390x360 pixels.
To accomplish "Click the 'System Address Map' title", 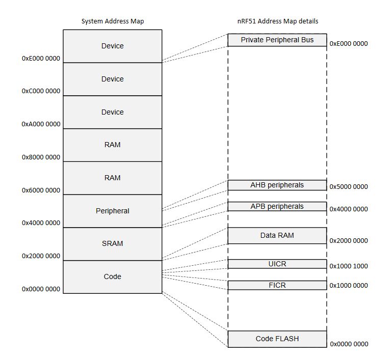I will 112,21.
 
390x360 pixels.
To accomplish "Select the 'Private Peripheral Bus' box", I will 277,40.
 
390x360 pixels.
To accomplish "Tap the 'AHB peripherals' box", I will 277,185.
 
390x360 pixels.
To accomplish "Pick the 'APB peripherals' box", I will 277,206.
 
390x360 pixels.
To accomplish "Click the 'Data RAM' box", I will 277,235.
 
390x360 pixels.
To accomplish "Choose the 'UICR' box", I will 277,263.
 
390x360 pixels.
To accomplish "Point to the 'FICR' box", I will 277,285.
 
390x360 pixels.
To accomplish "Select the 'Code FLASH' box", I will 277,339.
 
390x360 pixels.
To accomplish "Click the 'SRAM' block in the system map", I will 112,243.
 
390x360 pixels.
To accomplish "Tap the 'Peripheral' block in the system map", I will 112,211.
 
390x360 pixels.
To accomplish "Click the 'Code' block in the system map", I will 112,276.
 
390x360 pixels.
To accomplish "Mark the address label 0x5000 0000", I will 349,187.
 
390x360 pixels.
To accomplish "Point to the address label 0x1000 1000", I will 349,266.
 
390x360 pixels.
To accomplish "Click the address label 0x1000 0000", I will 349,286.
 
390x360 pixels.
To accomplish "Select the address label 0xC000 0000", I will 41,91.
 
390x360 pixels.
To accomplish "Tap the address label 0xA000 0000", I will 41,124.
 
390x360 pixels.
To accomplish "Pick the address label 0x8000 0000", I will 41,157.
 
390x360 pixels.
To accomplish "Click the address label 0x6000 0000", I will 41,190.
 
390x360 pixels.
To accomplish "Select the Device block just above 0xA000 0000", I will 112,112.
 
